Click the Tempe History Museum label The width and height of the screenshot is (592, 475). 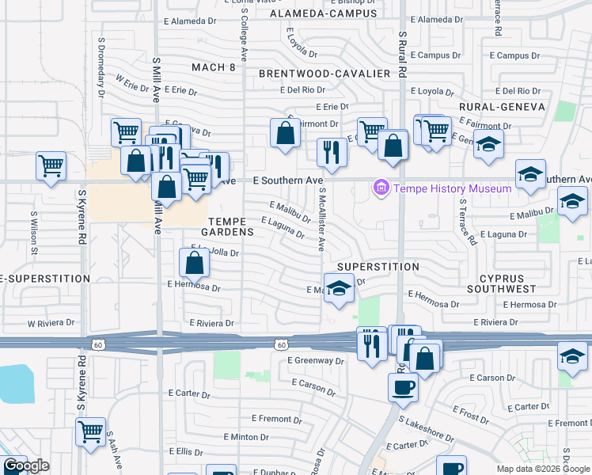coord(453,188)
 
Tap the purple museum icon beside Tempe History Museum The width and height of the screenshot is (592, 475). coord(381,188)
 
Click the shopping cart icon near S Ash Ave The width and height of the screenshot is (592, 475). coord(91,432)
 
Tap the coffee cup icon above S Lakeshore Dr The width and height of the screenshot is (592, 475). coord(403,387)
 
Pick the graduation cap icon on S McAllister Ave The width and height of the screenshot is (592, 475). coord(339,288)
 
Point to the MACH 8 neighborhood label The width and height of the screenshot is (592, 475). coord(214,67)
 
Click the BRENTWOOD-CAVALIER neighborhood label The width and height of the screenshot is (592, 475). coord(324,74)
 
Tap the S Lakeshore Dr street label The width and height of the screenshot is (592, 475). coord(426,430)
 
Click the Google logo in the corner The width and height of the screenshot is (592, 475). coord(26,465)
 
